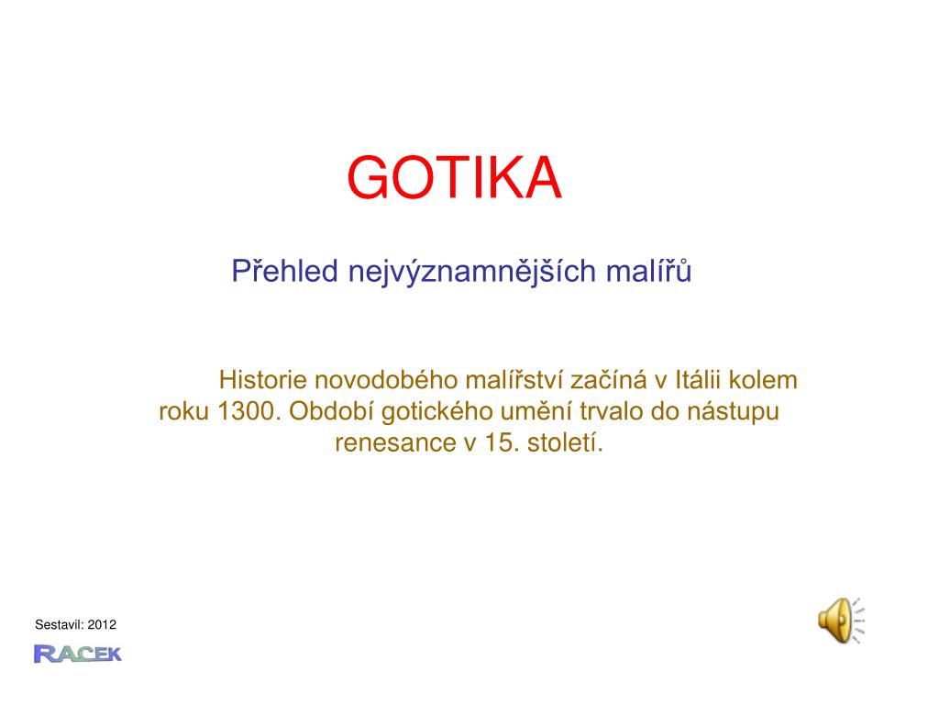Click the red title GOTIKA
tap(454, 178)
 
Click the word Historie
tap(263, 380)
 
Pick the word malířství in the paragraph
tap(514, 380)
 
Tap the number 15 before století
tap(501, 443)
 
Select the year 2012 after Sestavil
tap(103, 625)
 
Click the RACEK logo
tap(77, 654)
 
